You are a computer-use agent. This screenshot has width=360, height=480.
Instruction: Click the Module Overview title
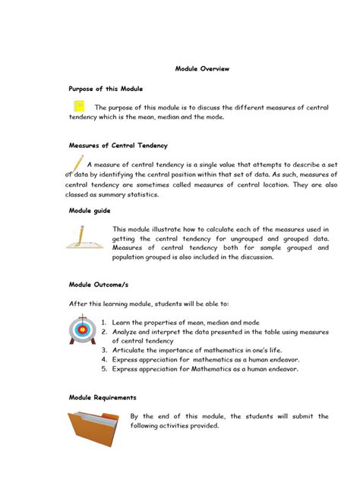[202, 69]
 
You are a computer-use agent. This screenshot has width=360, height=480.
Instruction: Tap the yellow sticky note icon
[78, 107]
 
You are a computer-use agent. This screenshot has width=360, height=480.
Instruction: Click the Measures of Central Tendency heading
[118, 145]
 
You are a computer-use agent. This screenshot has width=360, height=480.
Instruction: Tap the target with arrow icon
[81, 329]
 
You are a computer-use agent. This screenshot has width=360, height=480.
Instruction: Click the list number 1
[103, 323]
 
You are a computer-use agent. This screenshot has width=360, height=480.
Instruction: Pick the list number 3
[103, 350]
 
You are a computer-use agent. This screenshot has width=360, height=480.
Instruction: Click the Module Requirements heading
[103, 397]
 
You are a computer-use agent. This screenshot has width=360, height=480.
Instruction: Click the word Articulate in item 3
[131, 350]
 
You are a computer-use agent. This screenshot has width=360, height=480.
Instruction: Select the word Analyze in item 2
[128, 332]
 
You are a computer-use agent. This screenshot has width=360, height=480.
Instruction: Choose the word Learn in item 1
[122, 323]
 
